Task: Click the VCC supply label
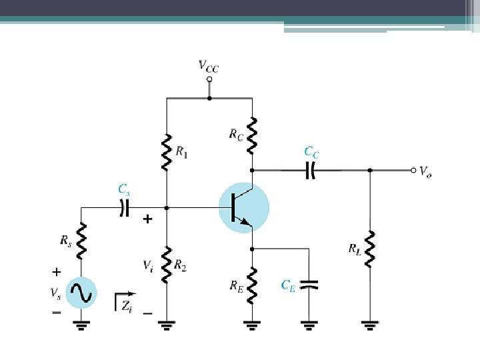(209, 66)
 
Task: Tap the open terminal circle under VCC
(209, 79)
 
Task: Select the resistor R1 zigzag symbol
(166, 151)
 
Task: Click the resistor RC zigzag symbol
(253, 133)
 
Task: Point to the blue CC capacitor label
(311, 153)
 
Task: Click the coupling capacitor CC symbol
(311, 170)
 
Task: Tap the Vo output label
(425, 171)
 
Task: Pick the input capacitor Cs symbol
(123, 208)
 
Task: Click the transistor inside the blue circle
(243, 208)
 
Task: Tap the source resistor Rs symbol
(81, 241)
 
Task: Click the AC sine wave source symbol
(81, 292)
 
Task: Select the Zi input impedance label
(127, 305)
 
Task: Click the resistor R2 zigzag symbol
(166, 263)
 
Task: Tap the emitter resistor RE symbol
(253, 283)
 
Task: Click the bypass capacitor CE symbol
(309, 285)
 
